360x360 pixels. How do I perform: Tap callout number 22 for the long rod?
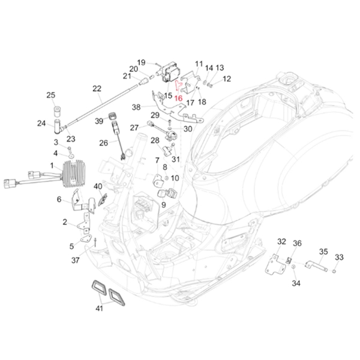coord(97,89)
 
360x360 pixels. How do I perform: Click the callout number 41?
coord(99,309)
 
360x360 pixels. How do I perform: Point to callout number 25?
coord(51,95)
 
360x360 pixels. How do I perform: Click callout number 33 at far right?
coord(339,257)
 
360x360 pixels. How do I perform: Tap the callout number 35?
coord(323,252)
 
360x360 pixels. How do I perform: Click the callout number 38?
coord(136,107)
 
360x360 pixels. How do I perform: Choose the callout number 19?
coord(141,62)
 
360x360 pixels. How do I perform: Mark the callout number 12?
coord(226,79)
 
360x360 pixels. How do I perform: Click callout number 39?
coord(99,121)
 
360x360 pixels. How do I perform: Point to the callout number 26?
coord(104,143)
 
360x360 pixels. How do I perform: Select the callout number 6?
coord(59,199)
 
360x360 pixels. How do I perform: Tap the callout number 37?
coord(75,260)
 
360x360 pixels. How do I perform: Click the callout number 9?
coord(163,205)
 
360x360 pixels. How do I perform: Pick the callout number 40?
coord(98,186)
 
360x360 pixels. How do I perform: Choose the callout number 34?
coord(296,283)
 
